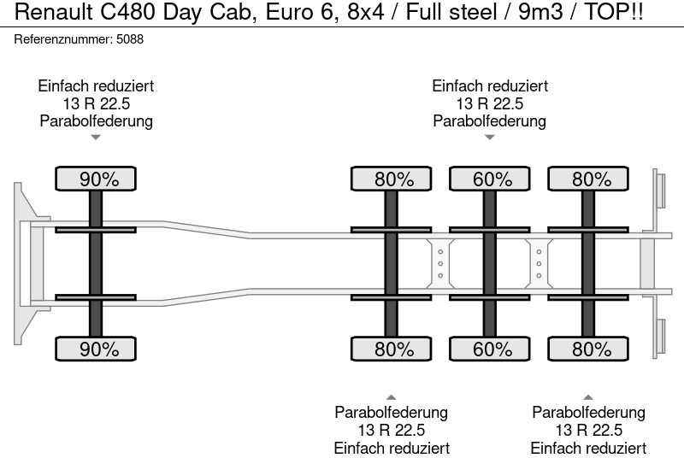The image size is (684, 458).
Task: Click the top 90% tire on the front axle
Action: click(x=96, y=179)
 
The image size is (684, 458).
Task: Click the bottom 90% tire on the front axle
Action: click(x=96, y=349)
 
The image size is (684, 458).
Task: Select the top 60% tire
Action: click(x=489, y=179)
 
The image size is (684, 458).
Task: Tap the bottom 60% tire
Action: click(x=489, y=349)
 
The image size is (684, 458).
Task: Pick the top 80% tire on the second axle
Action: click(x=391, y=179)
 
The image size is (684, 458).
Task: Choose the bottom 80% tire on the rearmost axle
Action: click(x=588, y=349)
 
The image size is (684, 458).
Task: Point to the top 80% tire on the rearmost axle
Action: click(x=588, y=179)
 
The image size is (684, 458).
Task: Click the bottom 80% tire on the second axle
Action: click(x=391, y=349)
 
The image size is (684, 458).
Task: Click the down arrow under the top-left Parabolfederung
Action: click(x=96, y=137)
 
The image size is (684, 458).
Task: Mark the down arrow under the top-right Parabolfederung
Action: click(x=489, y=137)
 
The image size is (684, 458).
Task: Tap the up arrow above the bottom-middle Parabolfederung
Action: click(x=391, y=396)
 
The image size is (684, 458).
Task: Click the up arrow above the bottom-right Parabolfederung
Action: click(x=588, y=396)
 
